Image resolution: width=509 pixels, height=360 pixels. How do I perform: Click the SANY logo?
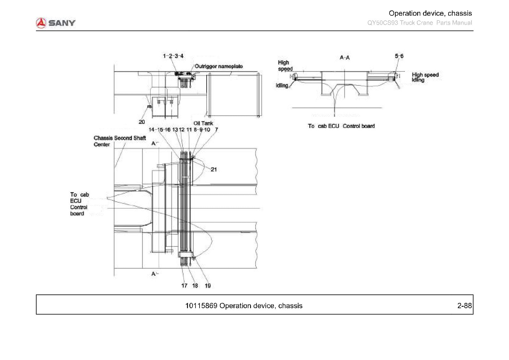56,23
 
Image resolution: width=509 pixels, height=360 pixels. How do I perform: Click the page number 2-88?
465,305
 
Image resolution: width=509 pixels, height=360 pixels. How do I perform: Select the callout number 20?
142,122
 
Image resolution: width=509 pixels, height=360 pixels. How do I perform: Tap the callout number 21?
214,169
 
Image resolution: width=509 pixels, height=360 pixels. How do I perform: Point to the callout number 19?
208,286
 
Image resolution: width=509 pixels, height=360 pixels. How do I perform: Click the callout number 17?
184,286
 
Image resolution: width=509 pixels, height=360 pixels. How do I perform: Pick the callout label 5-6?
399,56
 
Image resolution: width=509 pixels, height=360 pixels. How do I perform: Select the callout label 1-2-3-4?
173,56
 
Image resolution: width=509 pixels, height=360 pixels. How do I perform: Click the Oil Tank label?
203,123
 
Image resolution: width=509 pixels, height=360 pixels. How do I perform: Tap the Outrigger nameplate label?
219,66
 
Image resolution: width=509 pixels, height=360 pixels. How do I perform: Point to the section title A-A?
344,58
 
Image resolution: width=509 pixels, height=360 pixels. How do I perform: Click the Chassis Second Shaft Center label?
120,141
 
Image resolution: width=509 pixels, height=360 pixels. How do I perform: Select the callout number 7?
216,130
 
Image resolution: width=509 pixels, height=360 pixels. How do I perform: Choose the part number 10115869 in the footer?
201,306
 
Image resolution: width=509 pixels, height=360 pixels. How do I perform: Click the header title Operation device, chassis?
430,13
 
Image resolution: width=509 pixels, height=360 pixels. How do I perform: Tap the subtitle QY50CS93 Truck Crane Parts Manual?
420,23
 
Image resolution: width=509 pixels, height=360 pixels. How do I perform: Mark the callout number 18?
195,286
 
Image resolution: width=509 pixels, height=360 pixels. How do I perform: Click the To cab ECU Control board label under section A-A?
341,126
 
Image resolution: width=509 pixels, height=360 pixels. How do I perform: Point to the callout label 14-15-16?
159,130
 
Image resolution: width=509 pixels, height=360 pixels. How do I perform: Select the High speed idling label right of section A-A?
425,77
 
